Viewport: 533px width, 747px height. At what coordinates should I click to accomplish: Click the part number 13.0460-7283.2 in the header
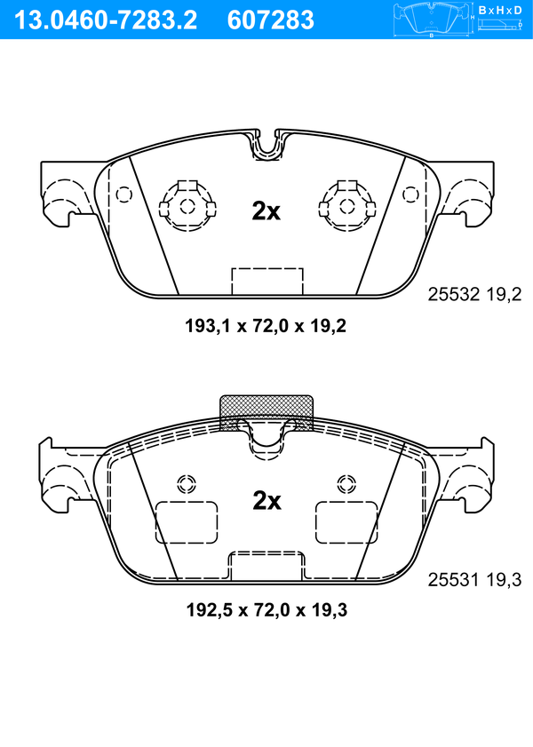click(x=107, y=20)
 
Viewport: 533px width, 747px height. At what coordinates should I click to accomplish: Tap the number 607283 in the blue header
click(x=271, y=20)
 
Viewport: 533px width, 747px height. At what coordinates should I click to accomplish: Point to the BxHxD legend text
click(x=499, y=10)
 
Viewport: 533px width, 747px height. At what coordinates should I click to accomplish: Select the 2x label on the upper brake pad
click(x=266, y=211)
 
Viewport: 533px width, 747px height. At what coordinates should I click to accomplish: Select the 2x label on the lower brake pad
click(x=266, y=500)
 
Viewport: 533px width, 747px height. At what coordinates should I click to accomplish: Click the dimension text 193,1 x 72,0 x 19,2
click(x=266, y=326)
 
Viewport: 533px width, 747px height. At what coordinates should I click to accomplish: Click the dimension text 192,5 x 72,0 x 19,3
click(x=266, y=610)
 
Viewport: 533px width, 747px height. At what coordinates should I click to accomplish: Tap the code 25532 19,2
click(x=474, y=294)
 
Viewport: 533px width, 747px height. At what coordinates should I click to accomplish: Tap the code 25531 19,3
click(x=474, y=580)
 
